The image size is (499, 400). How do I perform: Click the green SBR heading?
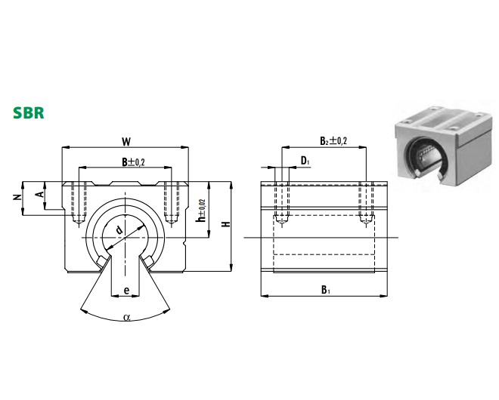coord(28,113)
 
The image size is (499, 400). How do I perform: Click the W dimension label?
coord(126,140)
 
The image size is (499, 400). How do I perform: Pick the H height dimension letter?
coord(224,225)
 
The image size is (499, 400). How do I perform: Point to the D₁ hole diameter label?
coord(304,160)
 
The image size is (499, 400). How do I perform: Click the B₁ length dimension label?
coord(324,289)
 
